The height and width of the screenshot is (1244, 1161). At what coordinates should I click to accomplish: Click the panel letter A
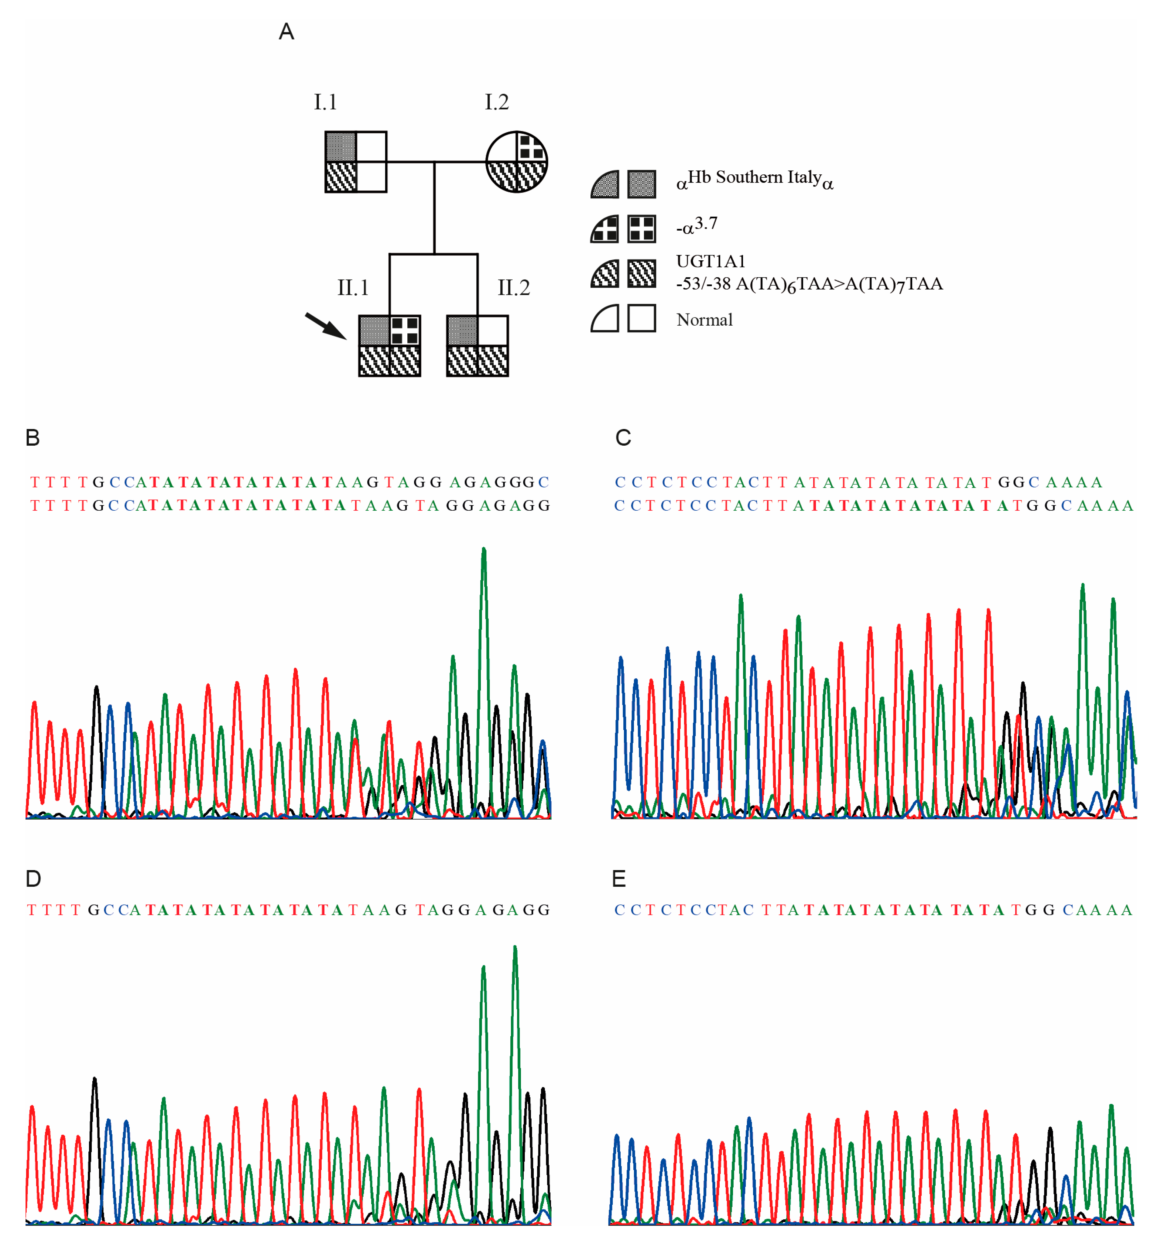tap(286, 31)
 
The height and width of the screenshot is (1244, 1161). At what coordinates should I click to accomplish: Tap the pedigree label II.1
tap(353, 288)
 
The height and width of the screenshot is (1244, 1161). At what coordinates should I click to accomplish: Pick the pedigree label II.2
tap(513, 288)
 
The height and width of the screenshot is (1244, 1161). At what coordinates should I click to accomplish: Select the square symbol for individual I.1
tap(355, 161)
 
